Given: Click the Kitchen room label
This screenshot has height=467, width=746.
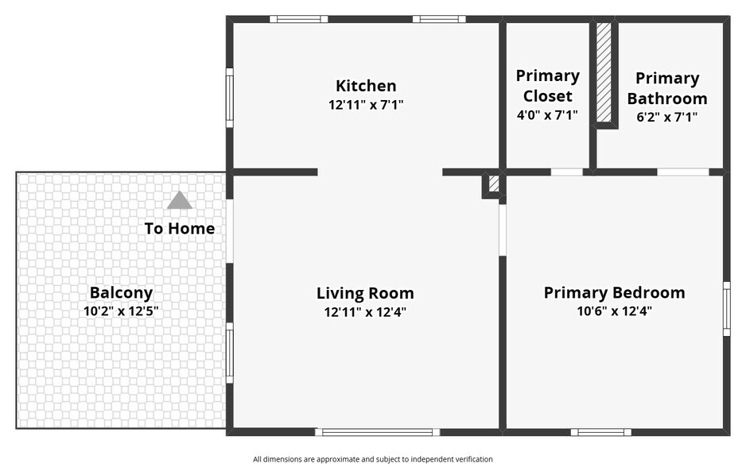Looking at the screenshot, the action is pos(366,86).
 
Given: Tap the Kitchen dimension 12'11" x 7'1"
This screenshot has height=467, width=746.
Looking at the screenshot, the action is pos(366,105).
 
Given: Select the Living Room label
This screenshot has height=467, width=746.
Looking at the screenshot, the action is pos(365,293).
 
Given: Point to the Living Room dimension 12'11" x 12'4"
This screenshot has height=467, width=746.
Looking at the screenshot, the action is pos(365,312).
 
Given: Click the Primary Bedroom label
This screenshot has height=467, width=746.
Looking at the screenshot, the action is pos(615,292).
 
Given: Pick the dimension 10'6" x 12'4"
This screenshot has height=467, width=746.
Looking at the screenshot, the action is pos(615,311).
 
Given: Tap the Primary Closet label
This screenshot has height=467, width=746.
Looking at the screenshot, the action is pos(548,86).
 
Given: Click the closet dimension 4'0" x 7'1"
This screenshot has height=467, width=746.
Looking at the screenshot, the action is pos(548,115).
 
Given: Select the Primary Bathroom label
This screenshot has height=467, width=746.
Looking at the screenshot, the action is pos(667,88).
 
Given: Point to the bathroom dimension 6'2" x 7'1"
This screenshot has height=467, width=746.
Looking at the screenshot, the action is pos(667,117).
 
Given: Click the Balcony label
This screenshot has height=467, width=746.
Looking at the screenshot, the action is pos(122,292).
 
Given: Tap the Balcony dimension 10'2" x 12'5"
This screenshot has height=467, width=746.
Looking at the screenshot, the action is pos(122,311).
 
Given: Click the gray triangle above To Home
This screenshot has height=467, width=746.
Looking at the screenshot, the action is pos(180,200).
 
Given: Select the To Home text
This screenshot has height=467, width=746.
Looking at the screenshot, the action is pos(180,229).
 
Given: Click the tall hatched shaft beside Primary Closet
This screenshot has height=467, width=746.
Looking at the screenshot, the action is pos(604,73).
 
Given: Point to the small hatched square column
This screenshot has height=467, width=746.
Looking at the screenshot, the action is pos(494,184).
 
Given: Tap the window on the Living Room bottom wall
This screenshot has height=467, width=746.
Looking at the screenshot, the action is pos(378,432).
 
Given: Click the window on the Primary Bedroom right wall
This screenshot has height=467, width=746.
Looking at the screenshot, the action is pos(726,309).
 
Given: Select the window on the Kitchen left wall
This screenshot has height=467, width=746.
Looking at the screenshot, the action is pos(229,98).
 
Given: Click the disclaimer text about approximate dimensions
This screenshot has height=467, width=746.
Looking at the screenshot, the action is pos(373,459).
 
